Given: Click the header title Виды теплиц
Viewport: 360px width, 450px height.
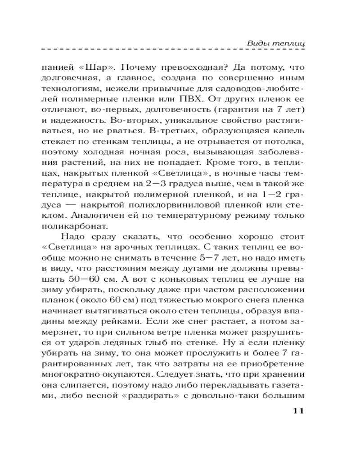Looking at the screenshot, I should [276, 43].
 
